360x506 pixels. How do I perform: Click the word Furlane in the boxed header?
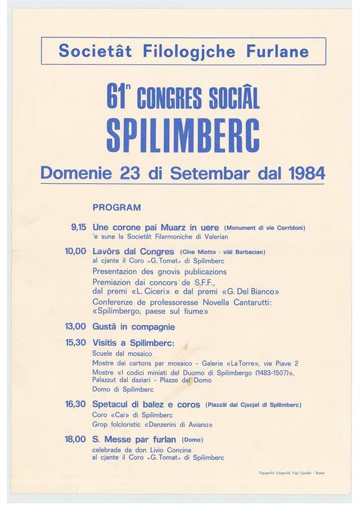pos(277,52)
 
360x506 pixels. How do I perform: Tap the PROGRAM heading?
pos(116,207)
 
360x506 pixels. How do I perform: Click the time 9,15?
pos(78,228)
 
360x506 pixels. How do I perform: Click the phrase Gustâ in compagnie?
pos(133,327)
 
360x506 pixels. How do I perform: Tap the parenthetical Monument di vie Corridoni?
pos(264,228)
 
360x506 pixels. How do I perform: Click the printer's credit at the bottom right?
pos(289,473)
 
